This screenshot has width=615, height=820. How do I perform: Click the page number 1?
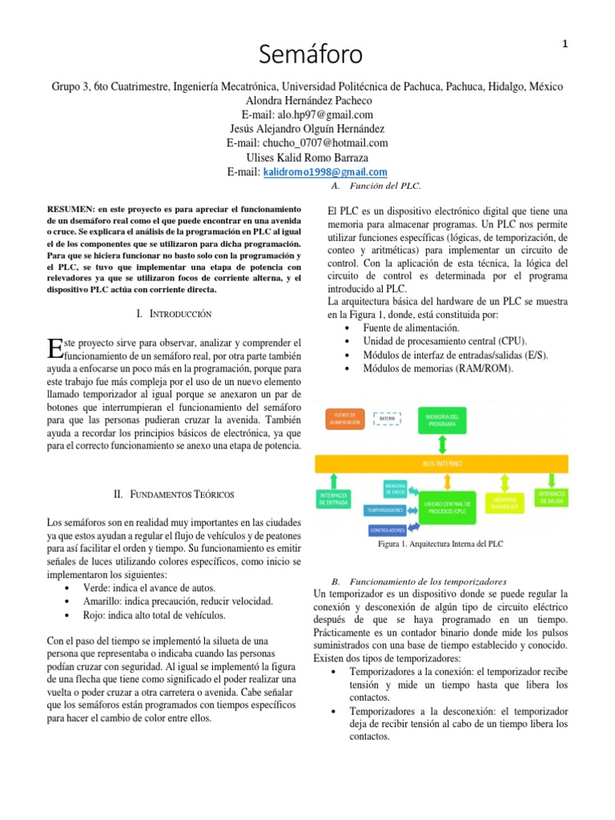(565, 45)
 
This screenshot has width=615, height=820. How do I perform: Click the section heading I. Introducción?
(174, 314)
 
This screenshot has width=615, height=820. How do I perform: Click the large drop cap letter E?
(54, 348)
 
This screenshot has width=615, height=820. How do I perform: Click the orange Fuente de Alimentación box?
(345, 419)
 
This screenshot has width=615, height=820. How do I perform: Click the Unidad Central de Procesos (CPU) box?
(448, 506)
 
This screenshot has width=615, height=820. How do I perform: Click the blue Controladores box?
(392, 529)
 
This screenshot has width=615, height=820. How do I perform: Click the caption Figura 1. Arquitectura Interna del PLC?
(440, 544)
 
